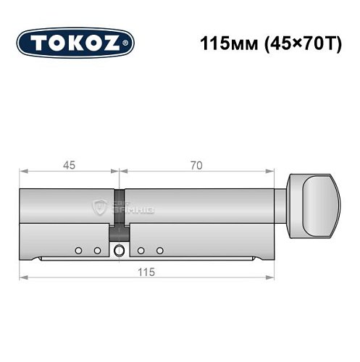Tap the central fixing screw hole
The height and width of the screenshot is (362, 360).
[x=118, y=251]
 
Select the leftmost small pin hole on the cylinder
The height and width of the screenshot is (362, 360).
[x=77, y=251]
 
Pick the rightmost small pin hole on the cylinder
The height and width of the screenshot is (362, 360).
[x=157, y=251]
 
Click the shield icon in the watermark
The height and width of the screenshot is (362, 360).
[x=100, y=208]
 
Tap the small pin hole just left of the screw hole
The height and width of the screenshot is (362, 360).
[x=96, y=251]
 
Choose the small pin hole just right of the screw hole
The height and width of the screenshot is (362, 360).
[x=141, y=251]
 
